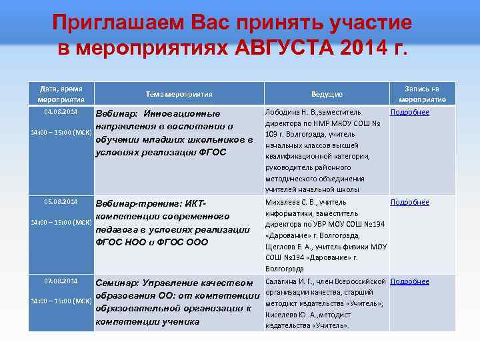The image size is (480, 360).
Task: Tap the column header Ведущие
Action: [x=327, y=95]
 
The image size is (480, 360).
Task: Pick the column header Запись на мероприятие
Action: [x=426, y=94]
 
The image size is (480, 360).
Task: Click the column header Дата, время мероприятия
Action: [x=61, y=94]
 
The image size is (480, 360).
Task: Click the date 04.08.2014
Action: [x=61, y=112]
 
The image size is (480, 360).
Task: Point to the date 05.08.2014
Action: [x=61, y=202]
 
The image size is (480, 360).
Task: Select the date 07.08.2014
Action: [x=61, y=281]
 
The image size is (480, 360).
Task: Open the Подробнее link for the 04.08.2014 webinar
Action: [x=409, y=112]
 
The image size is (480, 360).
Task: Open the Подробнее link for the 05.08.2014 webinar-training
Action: [x=409, y=202]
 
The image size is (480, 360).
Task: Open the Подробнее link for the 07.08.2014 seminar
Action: [x=409, y=281]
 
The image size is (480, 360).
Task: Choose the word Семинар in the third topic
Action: [x=121, y=284]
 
